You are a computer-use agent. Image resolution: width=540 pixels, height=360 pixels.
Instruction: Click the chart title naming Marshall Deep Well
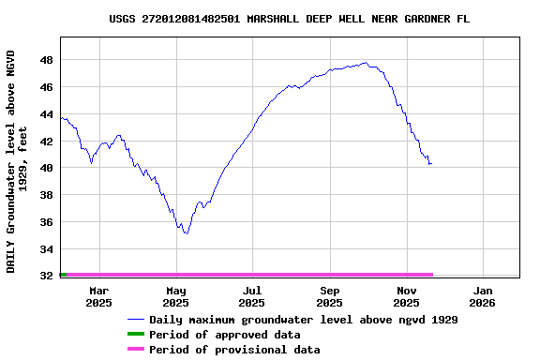289,19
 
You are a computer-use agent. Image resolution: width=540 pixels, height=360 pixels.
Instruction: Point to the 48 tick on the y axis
46,60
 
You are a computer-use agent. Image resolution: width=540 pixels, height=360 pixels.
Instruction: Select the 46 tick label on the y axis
46,87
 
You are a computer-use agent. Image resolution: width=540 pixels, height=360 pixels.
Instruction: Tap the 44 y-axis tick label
46,114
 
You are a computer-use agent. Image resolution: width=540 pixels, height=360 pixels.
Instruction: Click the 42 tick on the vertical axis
46,142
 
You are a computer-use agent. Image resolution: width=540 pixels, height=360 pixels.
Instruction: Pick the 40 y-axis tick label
46,169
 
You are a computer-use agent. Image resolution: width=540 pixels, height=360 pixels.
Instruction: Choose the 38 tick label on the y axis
46,195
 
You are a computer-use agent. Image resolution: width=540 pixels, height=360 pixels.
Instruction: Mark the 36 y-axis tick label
46,222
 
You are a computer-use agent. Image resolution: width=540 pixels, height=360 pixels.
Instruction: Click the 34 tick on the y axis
46,249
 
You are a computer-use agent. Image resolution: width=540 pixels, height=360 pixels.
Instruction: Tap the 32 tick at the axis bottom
46,276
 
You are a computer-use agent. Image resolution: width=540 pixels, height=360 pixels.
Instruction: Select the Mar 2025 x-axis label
98,296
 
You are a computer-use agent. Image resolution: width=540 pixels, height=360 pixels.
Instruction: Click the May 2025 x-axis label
175,296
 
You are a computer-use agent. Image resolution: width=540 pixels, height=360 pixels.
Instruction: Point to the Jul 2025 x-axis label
252,296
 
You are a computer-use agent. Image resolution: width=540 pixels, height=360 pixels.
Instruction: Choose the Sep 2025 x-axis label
329,296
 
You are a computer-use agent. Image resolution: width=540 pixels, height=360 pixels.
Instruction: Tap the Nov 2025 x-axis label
406,296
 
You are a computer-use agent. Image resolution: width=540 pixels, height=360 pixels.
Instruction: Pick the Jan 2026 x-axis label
482,296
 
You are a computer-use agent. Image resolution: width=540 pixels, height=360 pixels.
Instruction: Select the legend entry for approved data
224,335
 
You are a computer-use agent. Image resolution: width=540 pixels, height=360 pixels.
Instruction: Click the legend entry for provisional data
233,350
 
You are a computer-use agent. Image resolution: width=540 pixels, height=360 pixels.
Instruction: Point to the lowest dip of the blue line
187,233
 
